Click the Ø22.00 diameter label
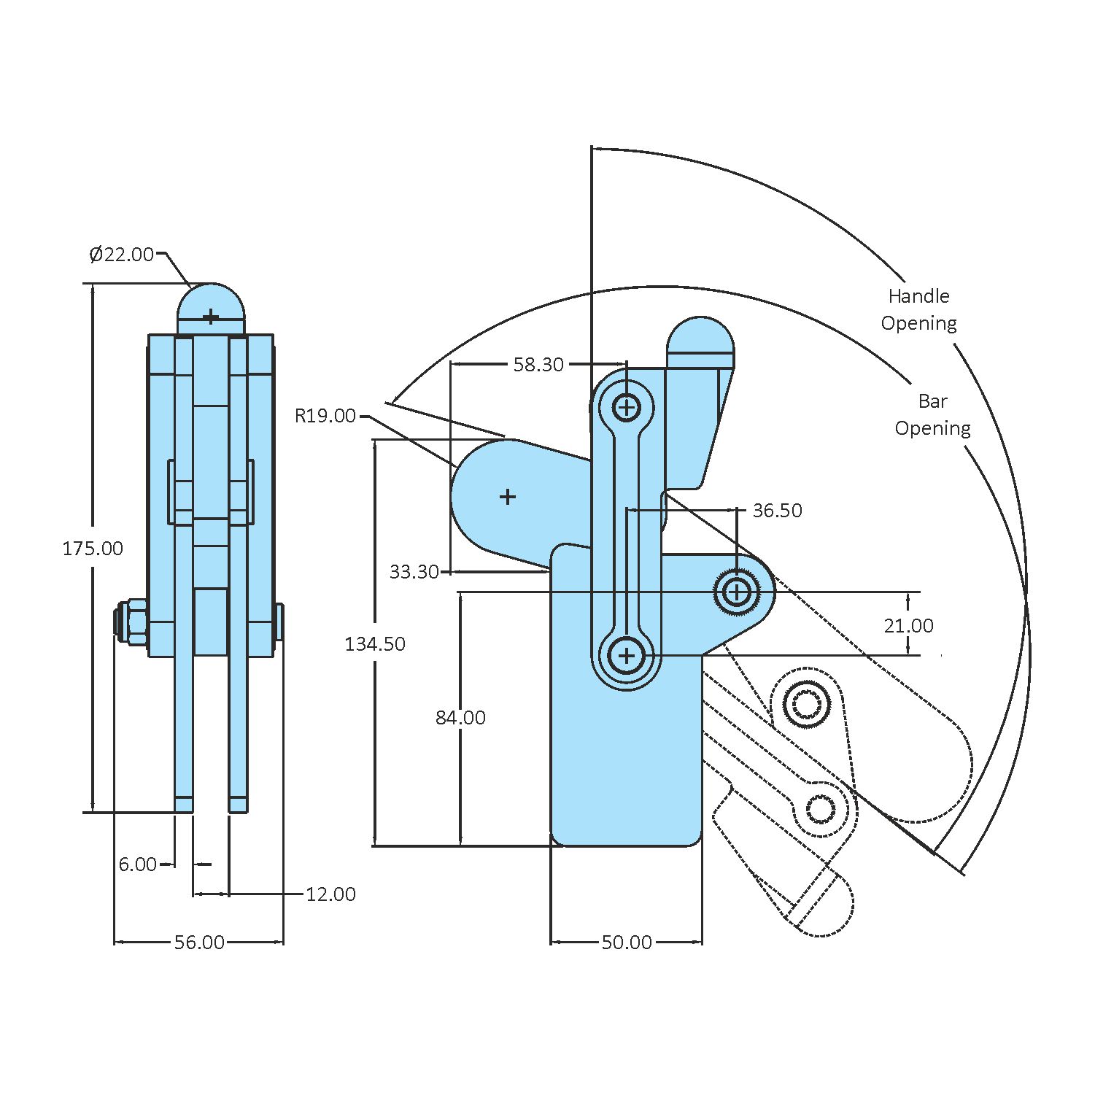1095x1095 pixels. pos(121,255)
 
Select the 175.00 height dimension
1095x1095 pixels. pos(93,549)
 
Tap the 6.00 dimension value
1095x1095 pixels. pos(137,864)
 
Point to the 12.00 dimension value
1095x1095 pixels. pos(330,894)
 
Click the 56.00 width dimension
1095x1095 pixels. pos(199,943)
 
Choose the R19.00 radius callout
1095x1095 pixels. pos(325,416)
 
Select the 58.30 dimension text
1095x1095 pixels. pos(538,365)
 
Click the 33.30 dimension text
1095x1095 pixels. pos(414,572)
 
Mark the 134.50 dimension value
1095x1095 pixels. pos(375,644)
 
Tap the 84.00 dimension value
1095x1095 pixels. pos(460,718)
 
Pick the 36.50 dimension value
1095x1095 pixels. pos(777,511)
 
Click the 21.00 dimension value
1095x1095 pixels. pos(908,626)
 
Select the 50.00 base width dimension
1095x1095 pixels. pos(627,943)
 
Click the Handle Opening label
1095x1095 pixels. pos(918,309)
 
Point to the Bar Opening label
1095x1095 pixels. pos(932,414)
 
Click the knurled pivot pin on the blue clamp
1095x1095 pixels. pos(738,592)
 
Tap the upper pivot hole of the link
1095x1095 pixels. pos(627,406)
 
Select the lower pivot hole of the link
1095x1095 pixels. pos(627,656)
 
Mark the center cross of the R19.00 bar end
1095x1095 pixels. pos(508,497)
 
